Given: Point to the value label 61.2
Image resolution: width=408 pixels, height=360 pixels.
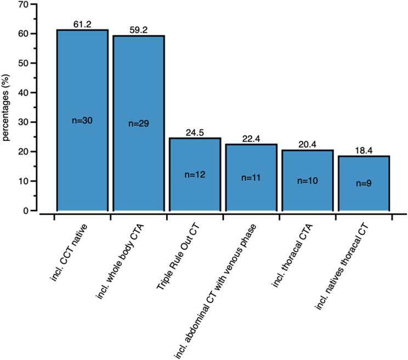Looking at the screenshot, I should point(82,24).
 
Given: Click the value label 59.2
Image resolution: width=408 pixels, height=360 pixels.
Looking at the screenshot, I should point(138,30).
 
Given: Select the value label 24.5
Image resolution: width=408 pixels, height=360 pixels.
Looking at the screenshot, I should point(194,133).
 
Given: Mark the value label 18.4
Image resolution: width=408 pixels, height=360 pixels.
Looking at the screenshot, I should point(362,150).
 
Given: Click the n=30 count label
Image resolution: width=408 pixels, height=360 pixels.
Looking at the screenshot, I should point(82,121).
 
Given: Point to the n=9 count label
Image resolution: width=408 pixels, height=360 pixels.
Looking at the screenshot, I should point(362,182).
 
